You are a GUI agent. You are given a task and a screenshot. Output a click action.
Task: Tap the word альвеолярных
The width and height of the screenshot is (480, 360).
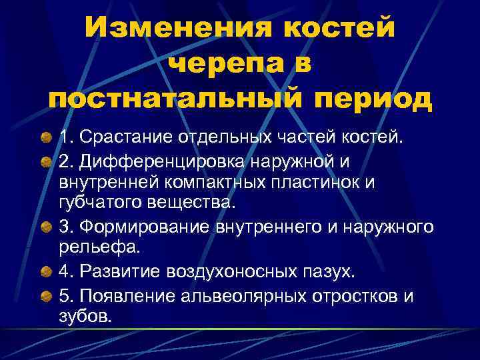(x=235, y=295)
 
